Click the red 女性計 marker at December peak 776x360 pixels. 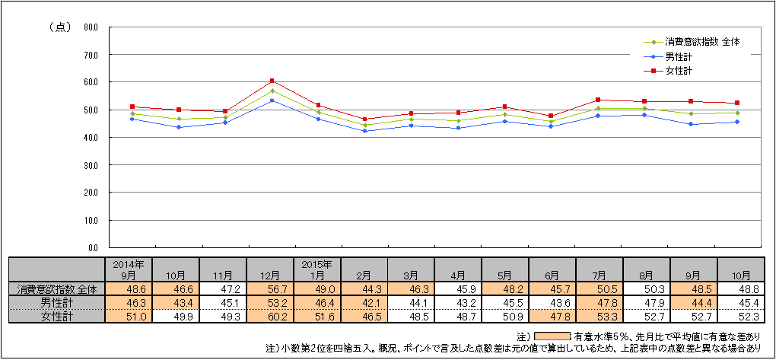pyautogui.click(x=272, y=81)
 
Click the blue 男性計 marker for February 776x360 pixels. pyautogui.click(x=365, y=131)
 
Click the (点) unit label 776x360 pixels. pyautogui.click(x=60, y=27)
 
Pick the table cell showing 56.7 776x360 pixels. pyautogui.click(x=270, y=289)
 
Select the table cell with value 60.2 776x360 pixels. pyautogui.click(x=270, y=316)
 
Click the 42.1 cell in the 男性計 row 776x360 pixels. pyautogui.click(x=364, y=303)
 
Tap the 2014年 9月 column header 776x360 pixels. pyautogui.click(x=129, y=269)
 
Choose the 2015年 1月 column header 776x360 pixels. pyautogui.click(x=317, y=269)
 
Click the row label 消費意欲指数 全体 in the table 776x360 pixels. pyautogui.click(x=56, y=289)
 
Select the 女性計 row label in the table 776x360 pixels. pyautogui.click(x=56, y=316)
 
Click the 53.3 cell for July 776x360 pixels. pyautogui.click(x=599, y=316)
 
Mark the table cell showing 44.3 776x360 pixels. pyautogui.click(x=364, y=289)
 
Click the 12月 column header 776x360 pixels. pyautogui.click(x=270, y=274)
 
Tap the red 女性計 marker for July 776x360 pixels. pyautogui.click(x=598, y=100)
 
